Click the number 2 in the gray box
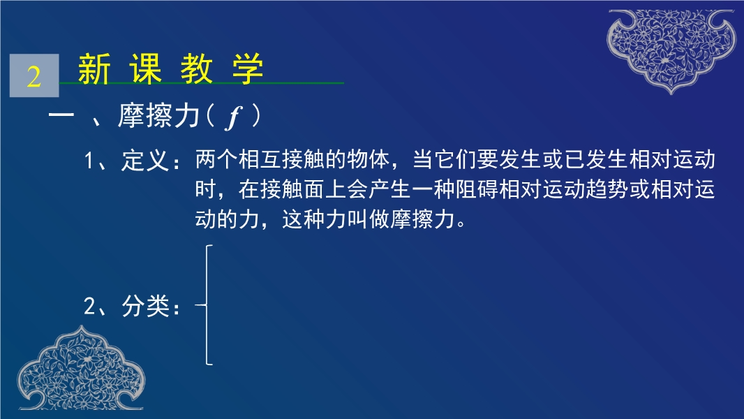(x=34, y=76)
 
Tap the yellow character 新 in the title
(x=94, y=69)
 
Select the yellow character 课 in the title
(x=146, y=69)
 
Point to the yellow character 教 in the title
(x=196, y=69)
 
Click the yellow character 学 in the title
(x=248, y=69)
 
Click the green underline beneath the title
(x=202, y=83)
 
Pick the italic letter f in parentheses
(x=233, y=117)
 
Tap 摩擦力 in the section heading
(x=159, y=115)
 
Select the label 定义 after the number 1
(x=145, y=161)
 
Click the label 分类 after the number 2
(x=145, y=306)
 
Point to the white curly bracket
(x=207, y=305)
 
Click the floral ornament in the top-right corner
(x=671, y=50)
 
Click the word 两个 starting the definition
(x=216, y=159)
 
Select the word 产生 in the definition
(x=390, y=189)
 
